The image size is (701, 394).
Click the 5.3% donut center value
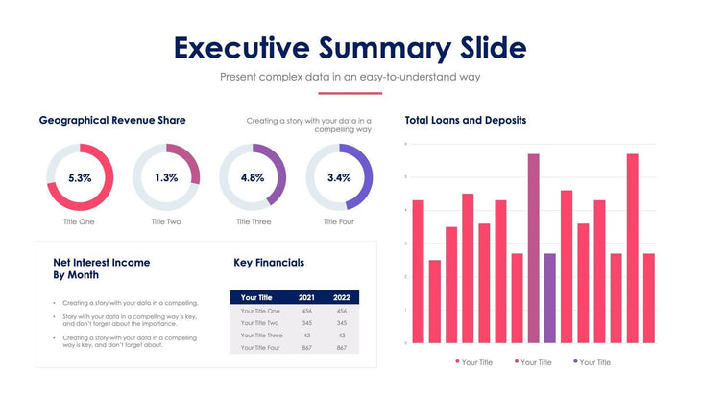coord(80,178)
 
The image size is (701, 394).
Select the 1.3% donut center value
coord(166,178)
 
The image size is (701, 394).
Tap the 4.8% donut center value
coord(253,178)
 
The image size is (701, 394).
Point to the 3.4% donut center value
coord(339,178)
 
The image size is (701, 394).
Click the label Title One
coord(80,221)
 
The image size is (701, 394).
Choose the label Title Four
coord(339,221)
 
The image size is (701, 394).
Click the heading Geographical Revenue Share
coord(112,120)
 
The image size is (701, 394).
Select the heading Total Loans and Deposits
coord(466,121)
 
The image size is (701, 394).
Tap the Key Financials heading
coord(269,262)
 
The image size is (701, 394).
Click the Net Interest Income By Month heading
coord(102,267)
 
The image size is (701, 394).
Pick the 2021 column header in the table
coord(306,297)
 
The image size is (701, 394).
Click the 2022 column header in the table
coord(341,297)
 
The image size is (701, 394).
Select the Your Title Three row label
coord(261,336)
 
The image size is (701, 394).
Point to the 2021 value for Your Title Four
coord(306,348)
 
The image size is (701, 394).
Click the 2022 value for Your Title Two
coord(341,323)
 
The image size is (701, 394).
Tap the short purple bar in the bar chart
coord(550,297)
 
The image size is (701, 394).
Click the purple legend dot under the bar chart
coord(575,362)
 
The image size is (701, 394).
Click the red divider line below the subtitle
coord(350,93)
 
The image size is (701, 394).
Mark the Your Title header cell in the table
coord(257,297)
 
